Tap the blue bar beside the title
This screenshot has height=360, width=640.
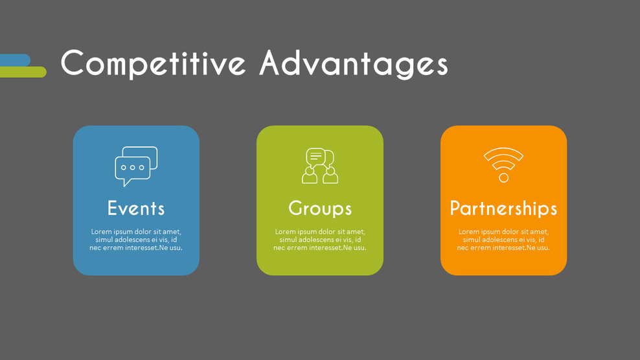point(15,60)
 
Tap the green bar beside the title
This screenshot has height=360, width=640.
point(23,72)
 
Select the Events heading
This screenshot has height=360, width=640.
point(136,208)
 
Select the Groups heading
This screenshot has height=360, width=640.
point(320,208)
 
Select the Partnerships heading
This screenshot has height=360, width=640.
point(503,208)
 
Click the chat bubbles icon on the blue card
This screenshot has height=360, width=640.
point(136,166)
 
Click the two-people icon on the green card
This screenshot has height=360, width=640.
point(320,166)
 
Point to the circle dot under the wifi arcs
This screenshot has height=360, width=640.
point(503,177)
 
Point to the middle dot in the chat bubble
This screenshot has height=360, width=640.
point(133,168)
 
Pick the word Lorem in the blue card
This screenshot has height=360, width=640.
point(102,232)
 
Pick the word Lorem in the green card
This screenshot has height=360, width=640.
point(286,232)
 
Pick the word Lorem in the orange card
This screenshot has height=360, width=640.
point(469,232)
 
